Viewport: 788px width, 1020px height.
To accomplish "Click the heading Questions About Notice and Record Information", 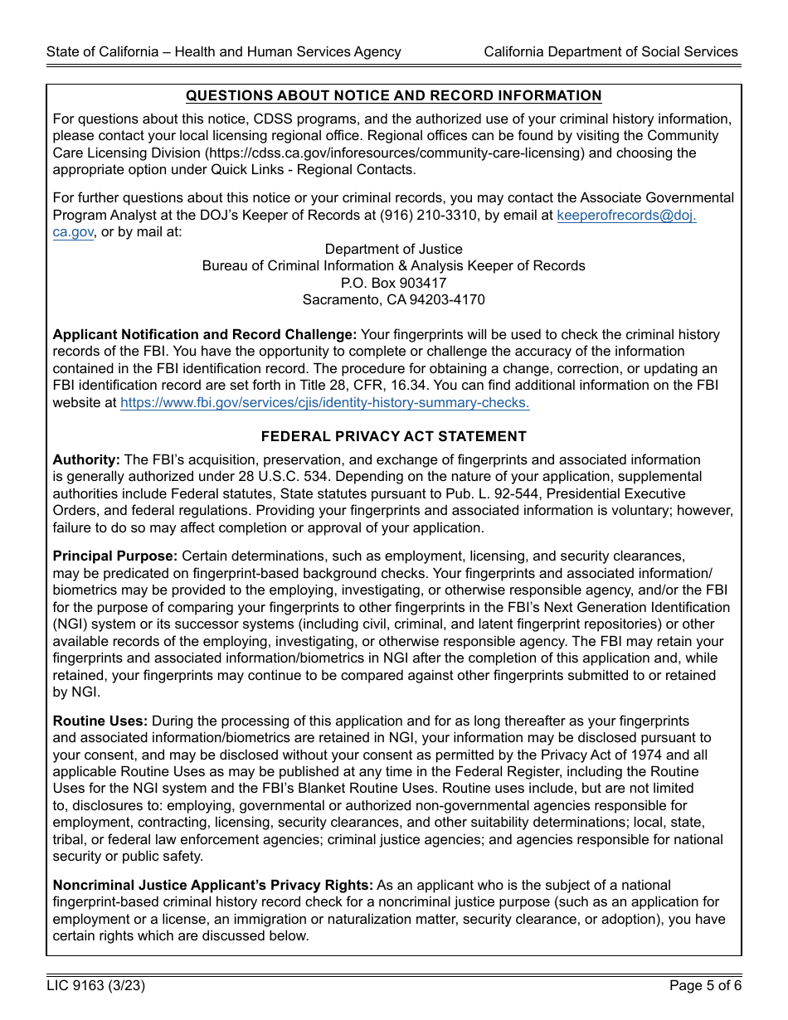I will coord(393,96).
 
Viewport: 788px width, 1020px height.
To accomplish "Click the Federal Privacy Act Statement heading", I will coord(393,436).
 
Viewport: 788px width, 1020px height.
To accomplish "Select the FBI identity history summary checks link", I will coord(324,403).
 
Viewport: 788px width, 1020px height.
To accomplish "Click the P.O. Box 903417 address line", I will coord(393,283).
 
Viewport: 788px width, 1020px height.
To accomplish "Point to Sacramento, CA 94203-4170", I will coord(393,300).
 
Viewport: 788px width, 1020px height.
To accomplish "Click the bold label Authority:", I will coord(86,460).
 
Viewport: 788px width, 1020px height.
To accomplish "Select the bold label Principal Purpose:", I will coord(114,556).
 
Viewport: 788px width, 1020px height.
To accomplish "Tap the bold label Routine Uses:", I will coord(100,721).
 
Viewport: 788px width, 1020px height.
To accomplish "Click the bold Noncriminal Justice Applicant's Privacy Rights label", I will coord(212,886).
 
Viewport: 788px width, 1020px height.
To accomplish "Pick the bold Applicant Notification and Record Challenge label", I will coord(204,335).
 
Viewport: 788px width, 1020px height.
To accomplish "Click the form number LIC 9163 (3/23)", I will coord(96,986).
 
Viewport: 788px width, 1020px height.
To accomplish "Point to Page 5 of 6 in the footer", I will coord(705,986).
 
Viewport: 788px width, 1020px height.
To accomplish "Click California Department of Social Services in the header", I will coord(610,51).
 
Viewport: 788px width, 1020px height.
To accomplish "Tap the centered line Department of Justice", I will coord(393,250).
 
